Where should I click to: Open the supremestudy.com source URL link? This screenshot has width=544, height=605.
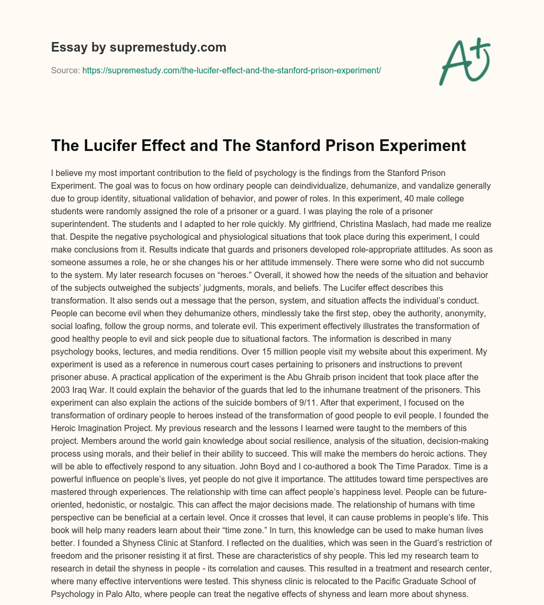[x=232, y=70]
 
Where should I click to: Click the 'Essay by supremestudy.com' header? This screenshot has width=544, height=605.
[x=139, y=47]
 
